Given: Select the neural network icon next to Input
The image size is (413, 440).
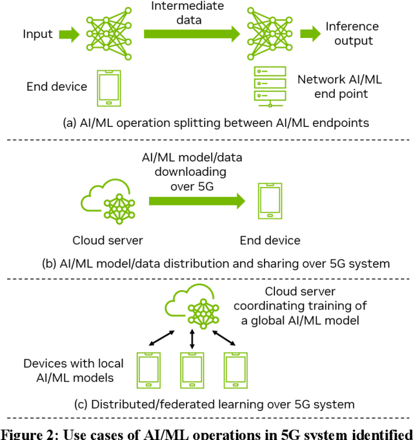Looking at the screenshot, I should (106, 29).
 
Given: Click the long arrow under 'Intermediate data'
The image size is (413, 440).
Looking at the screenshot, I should (185, 33).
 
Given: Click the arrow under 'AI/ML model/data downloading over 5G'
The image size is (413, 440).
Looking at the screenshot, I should (197, 202).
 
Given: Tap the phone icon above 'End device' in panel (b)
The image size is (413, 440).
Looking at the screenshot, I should (269, 202).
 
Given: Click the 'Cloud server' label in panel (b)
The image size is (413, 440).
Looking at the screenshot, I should (108, 241).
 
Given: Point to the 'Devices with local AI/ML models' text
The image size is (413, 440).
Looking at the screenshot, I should (73, 370).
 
